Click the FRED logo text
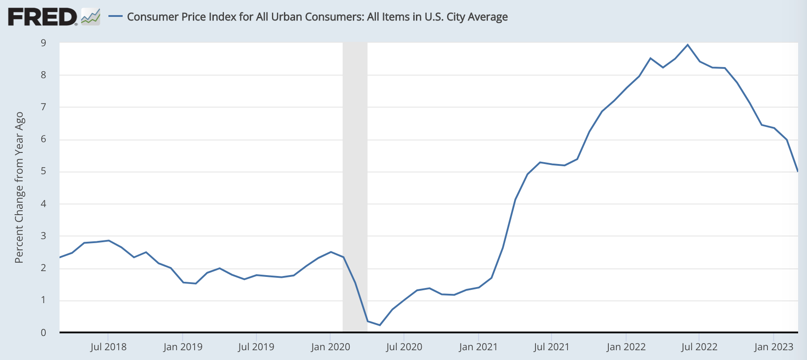click(42, 17)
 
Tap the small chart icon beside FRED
click(91, 17)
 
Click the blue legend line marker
click(116, 16)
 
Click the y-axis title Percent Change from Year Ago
click(19, 187)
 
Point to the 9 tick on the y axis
click(44, 43)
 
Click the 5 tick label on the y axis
click(44, 172)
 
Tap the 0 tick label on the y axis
click(44, 332)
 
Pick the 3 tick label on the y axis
click(44, 236)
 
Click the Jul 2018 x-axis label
click(108, 347)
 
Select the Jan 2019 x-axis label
click(183, 347)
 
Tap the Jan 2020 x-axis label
click(330, 347)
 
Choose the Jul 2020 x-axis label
click(404, 347)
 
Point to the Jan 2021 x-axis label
click(478, 347)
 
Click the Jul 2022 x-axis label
click(699, 347)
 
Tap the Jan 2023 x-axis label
click(773, 347)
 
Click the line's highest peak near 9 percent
click(687, 44)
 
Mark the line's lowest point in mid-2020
click(380, 325)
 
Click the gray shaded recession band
click(355, 178)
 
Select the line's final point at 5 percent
click(798, 171)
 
